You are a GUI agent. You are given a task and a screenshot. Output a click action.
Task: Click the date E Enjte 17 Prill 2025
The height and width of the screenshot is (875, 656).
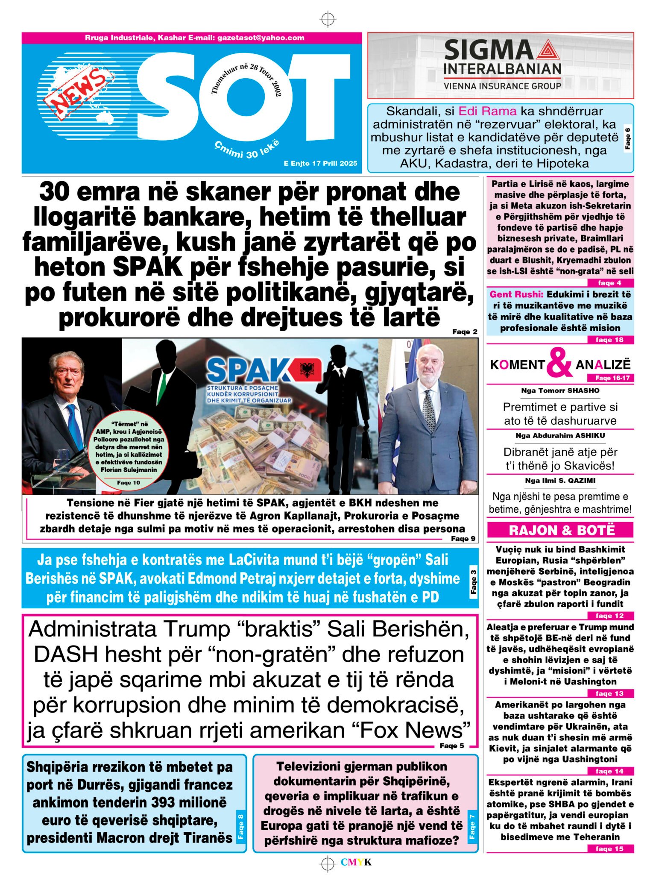tap(320, 163)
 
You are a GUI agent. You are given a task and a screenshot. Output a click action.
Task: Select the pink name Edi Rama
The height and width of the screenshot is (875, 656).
tap(487, 112)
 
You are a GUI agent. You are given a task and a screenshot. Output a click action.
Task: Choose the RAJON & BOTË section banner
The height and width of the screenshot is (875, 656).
tap(561, 530)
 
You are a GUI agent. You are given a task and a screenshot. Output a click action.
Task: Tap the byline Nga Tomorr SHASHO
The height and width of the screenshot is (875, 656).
tap(560, 391)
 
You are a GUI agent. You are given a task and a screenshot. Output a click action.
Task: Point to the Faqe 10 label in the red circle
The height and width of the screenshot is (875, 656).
tap(129, 483)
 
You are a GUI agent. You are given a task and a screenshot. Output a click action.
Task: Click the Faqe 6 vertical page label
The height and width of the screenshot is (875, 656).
tap(627, 138)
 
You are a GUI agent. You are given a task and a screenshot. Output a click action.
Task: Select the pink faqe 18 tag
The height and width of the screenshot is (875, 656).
tap(609, 340)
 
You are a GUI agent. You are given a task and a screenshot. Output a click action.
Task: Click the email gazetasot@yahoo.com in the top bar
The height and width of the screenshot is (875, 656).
tap(261, 38)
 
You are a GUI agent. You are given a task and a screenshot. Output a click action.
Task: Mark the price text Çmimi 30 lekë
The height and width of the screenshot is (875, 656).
tap(247, 149)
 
